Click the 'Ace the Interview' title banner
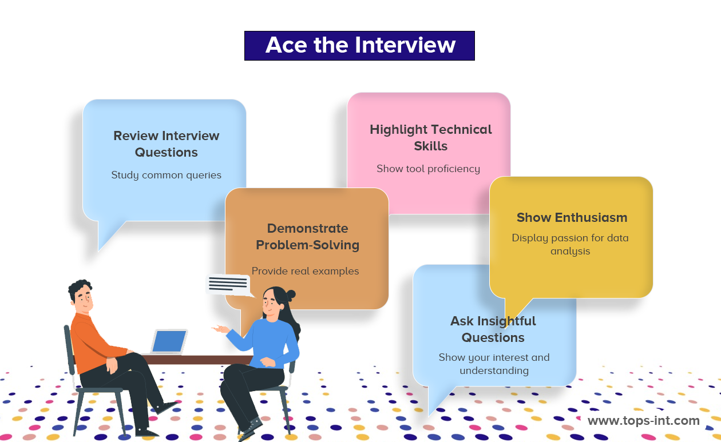(359, 45)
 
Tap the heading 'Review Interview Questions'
(167, 144)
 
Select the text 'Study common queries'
(166, 175)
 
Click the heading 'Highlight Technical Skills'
(431, 137)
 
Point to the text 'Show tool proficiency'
(428, 169)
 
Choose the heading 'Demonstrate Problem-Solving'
(307, 237)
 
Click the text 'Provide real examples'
(305, 271)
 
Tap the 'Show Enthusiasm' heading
(572, 217)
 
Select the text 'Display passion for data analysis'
(570, 244)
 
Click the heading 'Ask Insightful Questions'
(493, 329)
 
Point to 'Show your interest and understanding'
(494, 364)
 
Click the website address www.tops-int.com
(643, 420)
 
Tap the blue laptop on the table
(169, 341)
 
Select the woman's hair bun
(291, 295)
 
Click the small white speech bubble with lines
(228, 284)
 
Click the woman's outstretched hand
(220, 329)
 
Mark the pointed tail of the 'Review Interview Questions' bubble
(98, 251)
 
